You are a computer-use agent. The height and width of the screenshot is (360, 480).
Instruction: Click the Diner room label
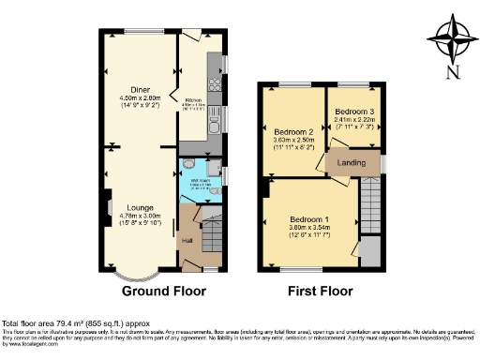point(141,88)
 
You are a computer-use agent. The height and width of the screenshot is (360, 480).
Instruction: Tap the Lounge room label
point(141,207)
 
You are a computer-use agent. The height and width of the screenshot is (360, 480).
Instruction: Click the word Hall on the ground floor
point(187,241)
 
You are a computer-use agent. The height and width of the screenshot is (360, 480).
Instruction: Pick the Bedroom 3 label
point(352,112)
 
